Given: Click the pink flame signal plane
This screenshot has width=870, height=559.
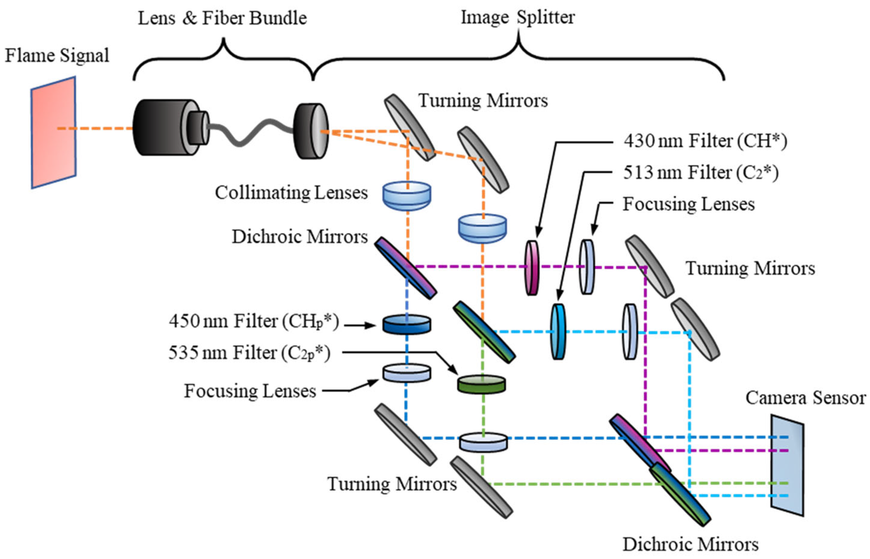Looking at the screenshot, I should [x=53, y=132].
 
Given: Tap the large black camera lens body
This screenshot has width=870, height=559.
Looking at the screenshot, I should [x=159, y=128].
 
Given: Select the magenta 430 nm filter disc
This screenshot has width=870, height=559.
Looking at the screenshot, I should [x=532, y=268].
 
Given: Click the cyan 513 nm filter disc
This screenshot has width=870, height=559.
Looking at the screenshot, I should [x=558, y=332].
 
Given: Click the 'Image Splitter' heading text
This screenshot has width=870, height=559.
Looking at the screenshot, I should [x=517, y=17].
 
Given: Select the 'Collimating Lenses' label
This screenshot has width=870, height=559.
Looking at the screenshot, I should [x=291, y=193].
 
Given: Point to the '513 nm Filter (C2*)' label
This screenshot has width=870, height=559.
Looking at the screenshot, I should [x=701, y=173].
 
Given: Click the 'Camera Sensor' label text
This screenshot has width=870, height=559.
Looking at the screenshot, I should [x=805, y=398].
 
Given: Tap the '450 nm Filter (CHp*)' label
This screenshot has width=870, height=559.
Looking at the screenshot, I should [x=254, y=321].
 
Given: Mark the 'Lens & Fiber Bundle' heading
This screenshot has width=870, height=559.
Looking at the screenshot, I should [x=222, y=18].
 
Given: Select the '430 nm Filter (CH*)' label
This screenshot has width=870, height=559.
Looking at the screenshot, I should [x=705, y=141].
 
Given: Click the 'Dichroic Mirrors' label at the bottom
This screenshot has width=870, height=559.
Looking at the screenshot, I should [x=690, y=545].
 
